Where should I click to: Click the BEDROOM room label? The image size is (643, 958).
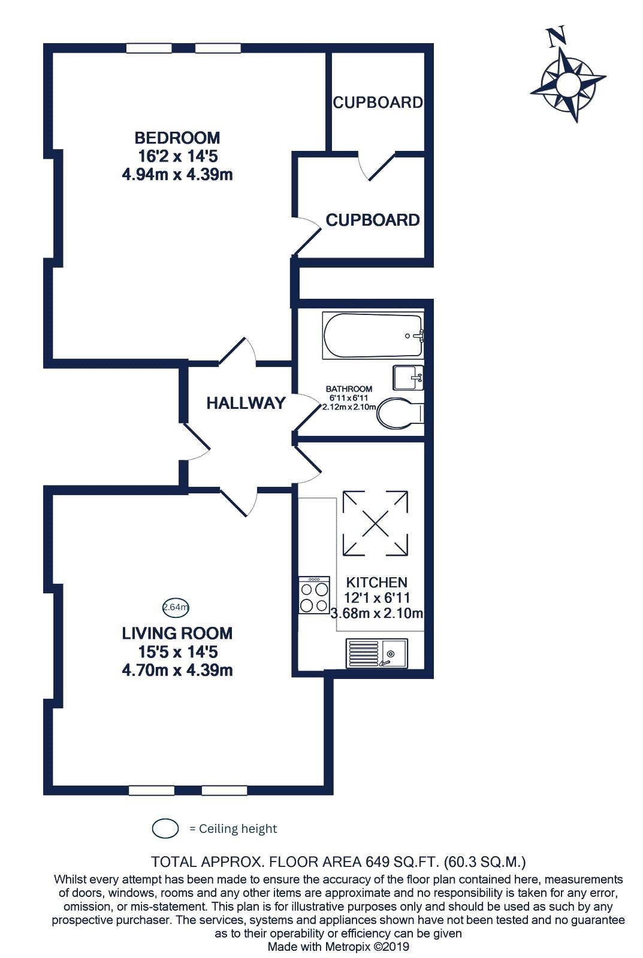pos(177,138)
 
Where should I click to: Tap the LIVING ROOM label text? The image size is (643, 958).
pos(177,633)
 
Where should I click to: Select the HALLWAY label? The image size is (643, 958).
pos(246,403)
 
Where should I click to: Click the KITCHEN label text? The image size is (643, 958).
pos(376,582)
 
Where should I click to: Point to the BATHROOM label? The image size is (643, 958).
pos(349,389)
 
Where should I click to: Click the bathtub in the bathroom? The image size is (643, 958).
pos(373,336)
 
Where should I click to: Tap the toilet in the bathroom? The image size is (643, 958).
pos(401,413)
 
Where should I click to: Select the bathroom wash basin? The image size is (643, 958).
pos(408,378)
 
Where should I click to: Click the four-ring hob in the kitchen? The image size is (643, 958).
pos(314,595)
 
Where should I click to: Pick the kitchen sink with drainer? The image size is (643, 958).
pos(377,653)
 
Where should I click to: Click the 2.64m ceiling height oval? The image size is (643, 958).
pos(176,607)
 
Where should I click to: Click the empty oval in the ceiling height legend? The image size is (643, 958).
pos(165,829)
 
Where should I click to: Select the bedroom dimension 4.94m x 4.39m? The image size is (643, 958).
pos(177,174)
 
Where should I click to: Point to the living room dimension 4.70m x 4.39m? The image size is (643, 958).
pos(177,670)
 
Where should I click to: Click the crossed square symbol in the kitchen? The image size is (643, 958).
pos(376,523)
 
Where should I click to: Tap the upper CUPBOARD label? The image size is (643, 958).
pos(378,102)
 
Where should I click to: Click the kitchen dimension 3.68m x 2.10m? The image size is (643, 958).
pos(377,613)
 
